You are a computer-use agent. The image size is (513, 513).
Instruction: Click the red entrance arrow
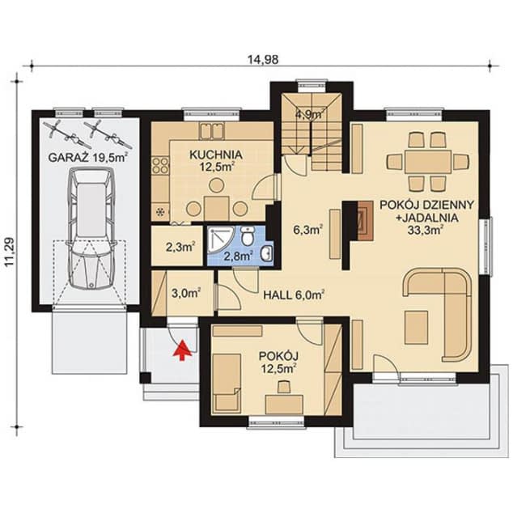[183, 350]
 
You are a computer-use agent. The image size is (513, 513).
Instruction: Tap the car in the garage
[91, 228]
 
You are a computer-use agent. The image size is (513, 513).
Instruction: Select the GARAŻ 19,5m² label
[88, 157]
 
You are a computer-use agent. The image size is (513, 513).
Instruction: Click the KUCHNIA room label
[216, 155]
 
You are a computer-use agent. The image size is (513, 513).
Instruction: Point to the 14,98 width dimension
[263, 60]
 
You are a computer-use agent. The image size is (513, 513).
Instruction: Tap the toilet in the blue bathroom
[248, 236]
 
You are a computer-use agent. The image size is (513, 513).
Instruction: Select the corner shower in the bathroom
[221, 241]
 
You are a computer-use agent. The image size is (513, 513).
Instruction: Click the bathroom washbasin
[267, 253]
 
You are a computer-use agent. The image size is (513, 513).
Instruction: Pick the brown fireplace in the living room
[365, 221]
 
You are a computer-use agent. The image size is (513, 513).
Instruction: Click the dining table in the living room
[427, 162]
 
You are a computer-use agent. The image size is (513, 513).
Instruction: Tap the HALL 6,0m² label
[294, 295]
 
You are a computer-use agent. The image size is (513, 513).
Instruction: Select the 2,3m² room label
[181, 246]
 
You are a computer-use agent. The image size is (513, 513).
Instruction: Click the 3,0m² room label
[186, 292]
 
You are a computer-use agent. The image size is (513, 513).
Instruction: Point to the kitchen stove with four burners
[160, 165]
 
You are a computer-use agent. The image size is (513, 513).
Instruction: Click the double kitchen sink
[212, 130]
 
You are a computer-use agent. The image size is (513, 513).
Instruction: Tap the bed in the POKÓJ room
[226, 384]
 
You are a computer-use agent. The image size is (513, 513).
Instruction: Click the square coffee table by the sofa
[417, 327]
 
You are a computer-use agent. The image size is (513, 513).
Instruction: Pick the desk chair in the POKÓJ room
[284, 387]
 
